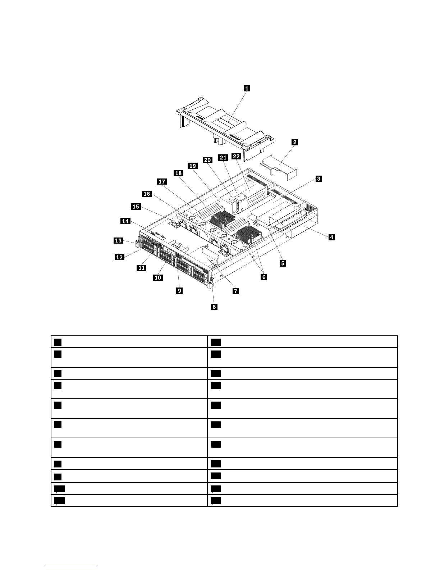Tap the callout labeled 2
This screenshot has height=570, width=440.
pyautogui.click(x=294, y=142)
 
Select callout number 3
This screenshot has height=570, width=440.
pyautogui.click(x=318, y=178)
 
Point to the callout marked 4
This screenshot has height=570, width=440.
pyautogui.click(x=331, y=237)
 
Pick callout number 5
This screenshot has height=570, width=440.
pyautogui.click(x=283, y=263)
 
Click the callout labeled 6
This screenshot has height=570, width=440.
pyautogui.click(x=264, y=277)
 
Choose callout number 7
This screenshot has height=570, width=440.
pyautogui.click(x=236, y=291)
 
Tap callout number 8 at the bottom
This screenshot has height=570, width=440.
pyautogui.click(x=214, y=307)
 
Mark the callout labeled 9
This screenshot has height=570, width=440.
pyautogui.click(x=179, y=290)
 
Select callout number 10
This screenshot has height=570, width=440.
pyautogui.click(x=157, y=277)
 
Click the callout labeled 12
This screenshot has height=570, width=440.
pyautogui.click(x=119, y=257)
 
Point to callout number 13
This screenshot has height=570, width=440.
pyautogui.click(x=119, y=240)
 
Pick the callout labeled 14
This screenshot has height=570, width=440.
pyautogui.click(x=125, y=221)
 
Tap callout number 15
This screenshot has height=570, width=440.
pyautogui.click(x=136, y=207)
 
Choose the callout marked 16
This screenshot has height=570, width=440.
pyautogui.click(x=147, y=194)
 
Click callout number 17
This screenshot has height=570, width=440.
pyautogui.click(x=162, y=182)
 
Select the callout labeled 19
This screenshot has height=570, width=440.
pyautogui.click(x=193, y=166)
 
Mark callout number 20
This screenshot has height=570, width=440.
pyautogui.click(x=207, y=160)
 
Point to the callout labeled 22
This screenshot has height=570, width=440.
pyautogui.click(x=236, y=156)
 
